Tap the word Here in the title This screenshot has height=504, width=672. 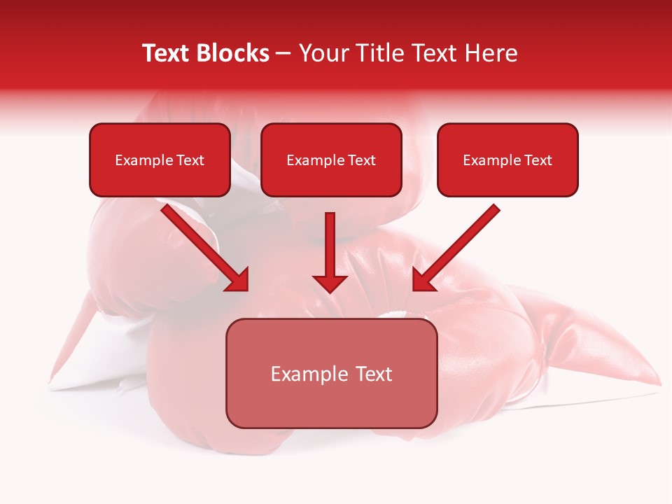click(490, 53)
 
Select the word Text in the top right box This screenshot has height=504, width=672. click(538, 160)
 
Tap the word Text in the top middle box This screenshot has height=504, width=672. click(361, 160)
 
